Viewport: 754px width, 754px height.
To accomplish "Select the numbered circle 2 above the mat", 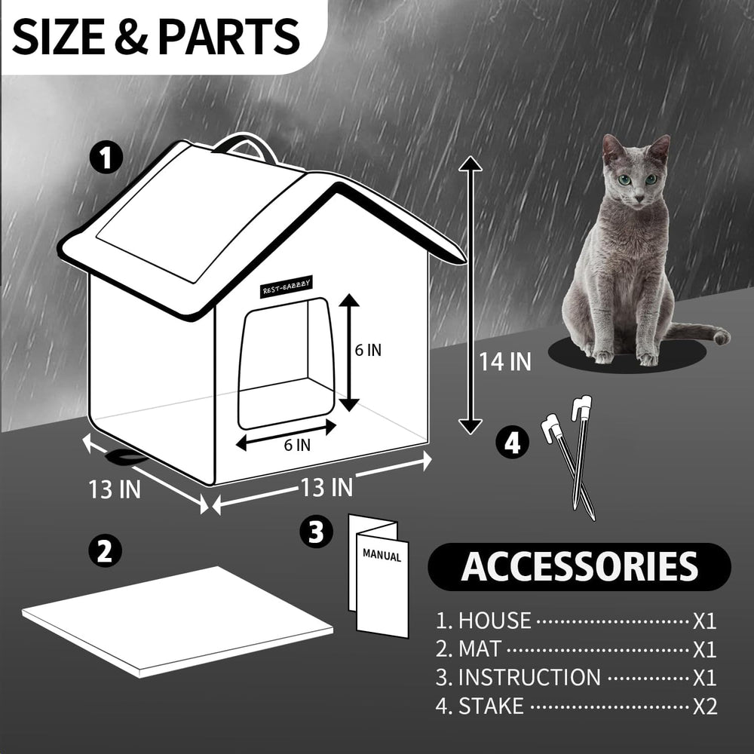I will click(105, 550).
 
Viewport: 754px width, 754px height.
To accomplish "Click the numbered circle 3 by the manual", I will click(316, 532).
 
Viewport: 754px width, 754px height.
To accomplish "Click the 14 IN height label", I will click(505, 361).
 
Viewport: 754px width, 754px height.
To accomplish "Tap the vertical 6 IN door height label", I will click(369, 350).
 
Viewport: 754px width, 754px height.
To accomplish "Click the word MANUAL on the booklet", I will click(382, 556).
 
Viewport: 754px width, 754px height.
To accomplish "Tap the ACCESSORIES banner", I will click(579, 566).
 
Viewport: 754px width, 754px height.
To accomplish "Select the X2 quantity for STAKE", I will click(704, 706).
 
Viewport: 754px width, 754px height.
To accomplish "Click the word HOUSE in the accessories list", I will click(495, 621).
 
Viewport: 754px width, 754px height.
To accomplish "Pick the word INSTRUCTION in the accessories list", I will click(529, 677).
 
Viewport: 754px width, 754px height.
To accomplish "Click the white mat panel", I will click(178, 619).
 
